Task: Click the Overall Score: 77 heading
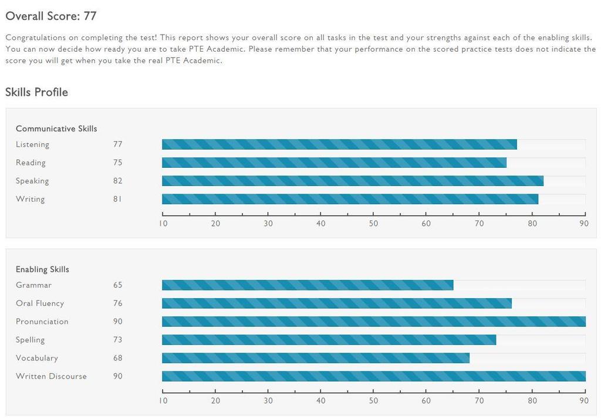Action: pos(50,16)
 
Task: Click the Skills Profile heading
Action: pos(36,92)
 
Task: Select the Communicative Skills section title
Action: pos(56,129)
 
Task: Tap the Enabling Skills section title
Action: pos(42,269)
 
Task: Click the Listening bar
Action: pos(339,144)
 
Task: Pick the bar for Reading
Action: pos(334,163)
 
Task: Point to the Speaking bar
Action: pos(352,181)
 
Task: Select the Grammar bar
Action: pos(308,285)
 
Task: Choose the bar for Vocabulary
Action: pos(316,358)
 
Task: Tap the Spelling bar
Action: pos(329,340)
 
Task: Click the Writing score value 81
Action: pos(118,199)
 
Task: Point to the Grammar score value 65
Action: pos(118,285)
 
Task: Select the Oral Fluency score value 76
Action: pos(118,303)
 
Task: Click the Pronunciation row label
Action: pos(42,322)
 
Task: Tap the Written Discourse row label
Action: pos(51,376)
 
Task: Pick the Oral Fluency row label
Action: pos(40,303)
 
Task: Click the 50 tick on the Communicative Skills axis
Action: pos(374,224)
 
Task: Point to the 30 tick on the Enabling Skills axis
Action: pos(268,401)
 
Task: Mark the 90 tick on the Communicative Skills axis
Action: pos(584,224)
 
